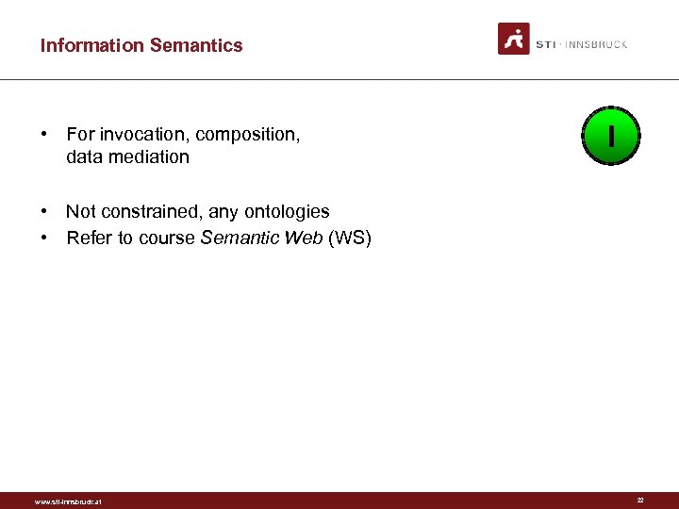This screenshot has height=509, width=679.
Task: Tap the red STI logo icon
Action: (514, 39)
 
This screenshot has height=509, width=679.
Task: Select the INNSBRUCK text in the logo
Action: (595, 44)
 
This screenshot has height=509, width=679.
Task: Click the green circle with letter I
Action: (611, 137)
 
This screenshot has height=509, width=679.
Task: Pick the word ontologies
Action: (287, 212)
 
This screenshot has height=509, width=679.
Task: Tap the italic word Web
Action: (304, 238)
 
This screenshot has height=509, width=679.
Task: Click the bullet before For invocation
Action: (45, 135)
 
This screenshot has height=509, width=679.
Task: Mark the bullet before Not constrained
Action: (45, 212)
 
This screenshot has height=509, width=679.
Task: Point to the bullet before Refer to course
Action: (45, 238)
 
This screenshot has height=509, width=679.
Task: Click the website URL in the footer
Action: (67, 501)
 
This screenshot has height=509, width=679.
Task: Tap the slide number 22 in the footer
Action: (640, 501)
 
